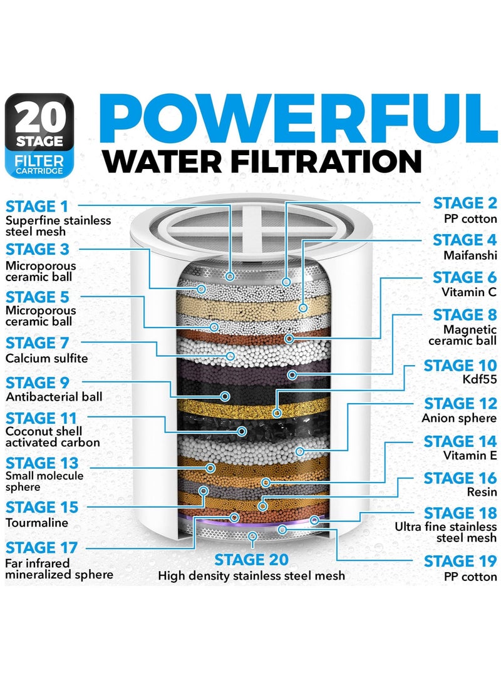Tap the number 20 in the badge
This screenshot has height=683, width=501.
coord(41,116)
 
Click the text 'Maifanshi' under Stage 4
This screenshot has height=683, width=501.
coord(470,256)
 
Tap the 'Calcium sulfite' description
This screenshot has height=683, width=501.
coord(46,358)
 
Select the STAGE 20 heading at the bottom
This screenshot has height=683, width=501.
coord(251,558)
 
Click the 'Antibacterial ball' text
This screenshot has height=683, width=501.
coord(54,397)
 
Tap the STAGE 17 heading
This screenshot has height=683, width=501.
coord(42,548)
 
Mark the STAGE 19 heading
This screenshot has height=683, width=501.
coord(460,561)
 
